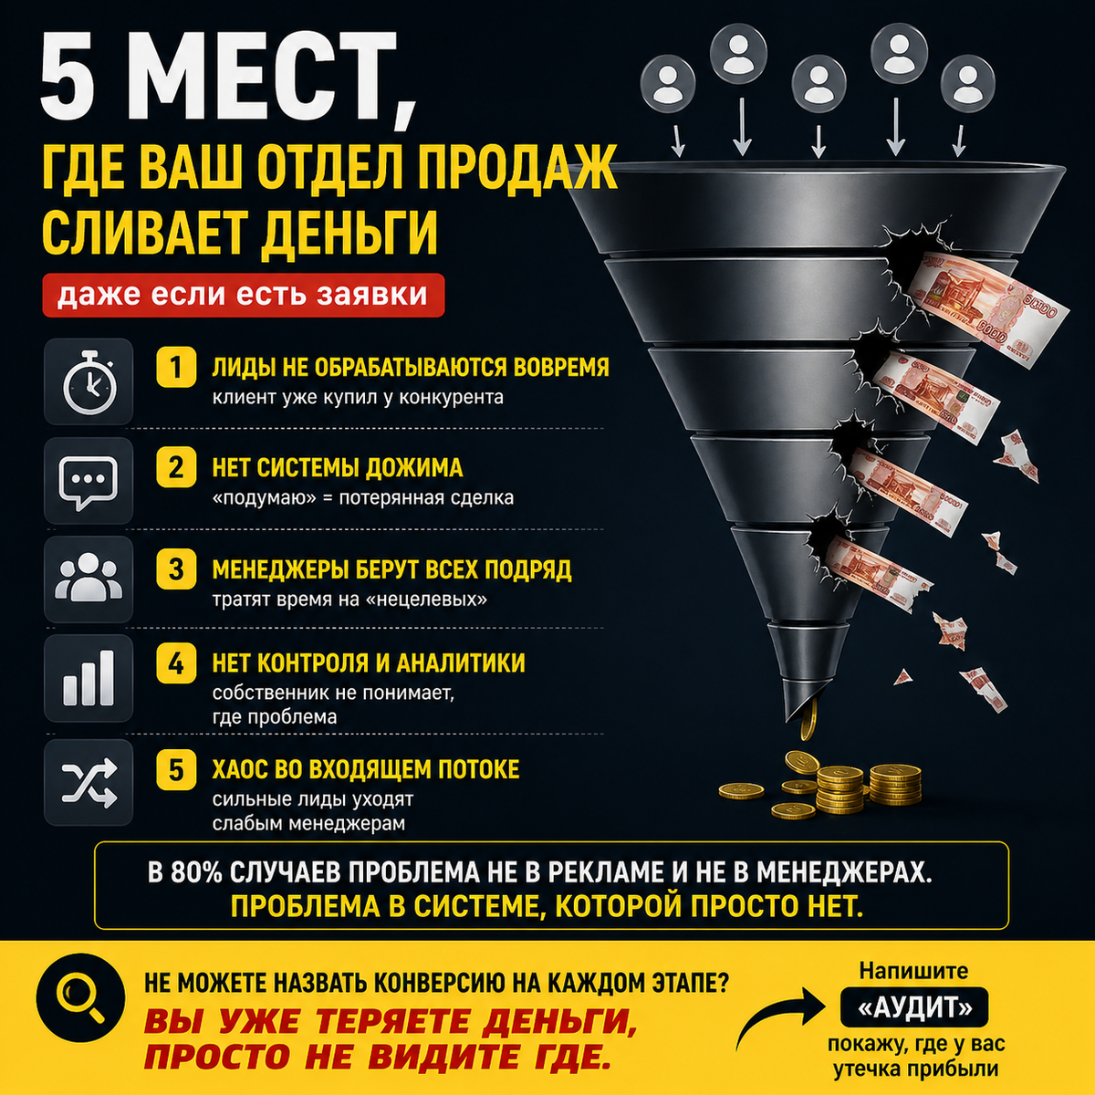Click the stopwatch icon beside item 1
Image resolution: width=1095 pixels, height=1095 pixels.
click(89, 382)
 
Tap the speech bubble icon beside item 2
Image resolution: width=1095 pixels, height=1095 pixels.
click(89, 482)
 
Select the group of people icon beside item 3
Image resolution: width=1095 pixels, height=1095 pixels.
click(89, 578)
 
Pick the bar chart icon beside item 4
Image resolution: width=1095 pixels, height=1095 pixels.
click(89, 678)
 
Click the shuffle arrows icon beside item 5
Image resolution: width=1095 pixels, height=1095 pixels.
click(89, 783)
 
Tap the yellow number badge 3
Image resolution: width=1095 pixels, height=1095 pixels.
click(176, 568)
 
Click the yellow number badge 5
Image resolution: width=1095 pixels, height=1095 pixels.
click(176, 770)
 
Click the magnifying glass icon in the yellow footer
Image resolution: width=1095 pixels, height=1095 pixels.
click(80, 998)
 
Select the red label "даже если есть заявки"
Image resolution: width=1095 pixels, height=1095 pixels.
click(244, 295)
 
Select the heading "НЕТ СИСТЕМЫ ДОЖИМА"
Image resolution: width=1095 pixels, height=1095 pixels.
click(338, 468)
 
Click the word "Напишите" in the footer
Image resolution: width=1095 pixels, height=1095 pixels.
click(913, 971)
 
